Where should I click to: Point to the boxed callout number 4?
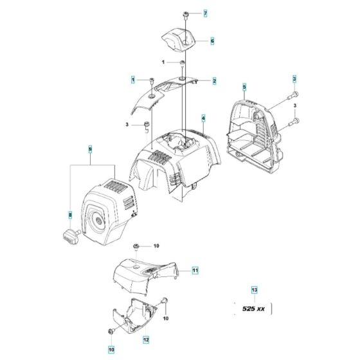click(203, 118)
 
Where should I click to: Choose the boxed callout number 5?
click(244, 86)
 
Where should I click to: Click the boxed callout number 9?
click(90, 150)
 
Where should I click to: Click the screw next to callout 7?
click(184, 14)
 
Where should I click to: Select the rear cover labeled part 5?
click(254, 132)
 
